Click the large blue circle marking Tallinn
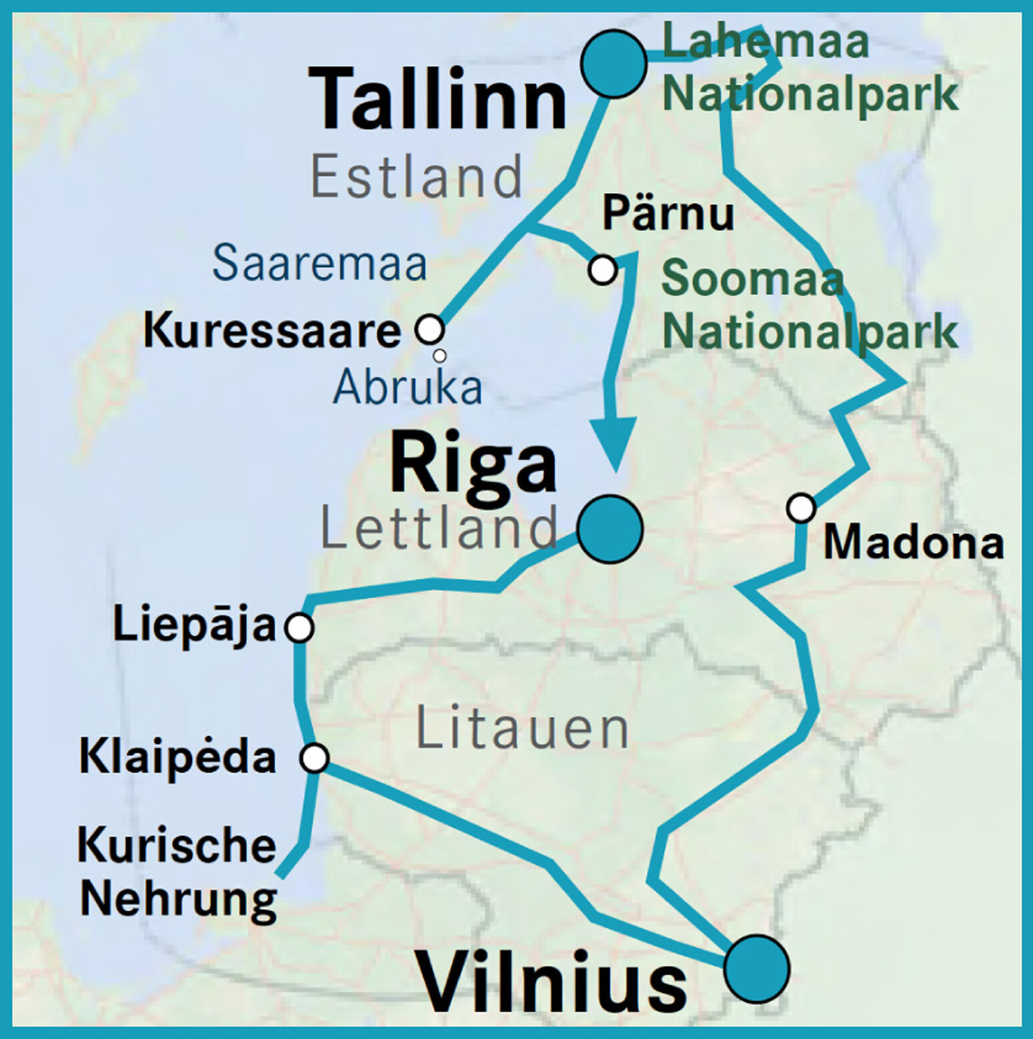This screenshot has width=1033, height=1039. pyautogui.click(x=613, y=64)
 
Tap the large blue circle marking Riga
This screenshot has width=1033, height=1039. pyautogui.click(x=610, y=529)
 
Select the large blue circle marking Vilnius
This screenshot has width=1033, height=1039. pyautogui.click(x=756, y=968)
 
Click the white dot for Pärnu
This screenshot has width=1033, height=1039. pyautogui.click(x=602, y=270)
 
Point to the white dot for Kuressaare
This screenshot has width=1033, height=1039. pyautogui.click(x=430, y=329)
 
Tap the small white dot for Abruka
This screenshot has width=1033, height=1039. pyautogui.click(x=439, y=356)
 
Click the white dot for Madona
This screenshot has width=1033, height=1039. pyautogui.click(x=800, y=508)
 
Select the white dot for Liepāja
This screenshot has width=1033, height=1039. pyautogui.click(x=299, y=627)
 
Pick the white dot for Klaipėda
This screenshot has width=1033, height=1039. pyautogui.click(x=314, y=758)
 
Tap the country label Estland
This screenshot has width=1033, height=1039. pyautogui.click(x=417, y=177)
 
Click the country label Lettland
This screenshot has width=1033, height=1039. pyautogui.click(x=439, y=528)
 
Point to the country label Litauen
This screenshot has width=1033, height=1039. pyautogui.click(x=522, y=729)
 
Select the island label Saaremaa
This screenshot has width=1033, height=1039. pyautogui.click(x=319, y=262)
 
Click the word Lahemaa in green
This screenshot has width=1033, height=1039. pyautogui.click(x=765, y=41)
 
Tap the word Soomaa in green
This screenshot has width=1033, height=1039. pyautogui.click(x=752, y=278)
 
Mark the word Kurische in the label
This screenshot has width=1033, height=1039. pyautogui.click(x=177, y=845)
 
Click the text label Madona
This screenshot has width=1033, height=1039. pyautogui.click(x=913, y=542)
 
